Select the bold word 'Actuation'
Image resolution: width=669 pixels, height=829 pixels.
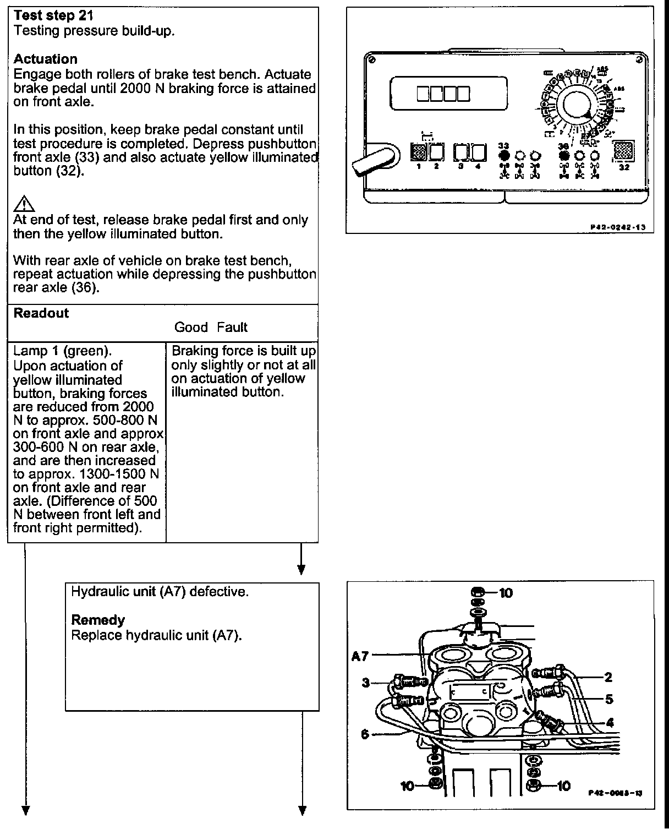(45, 59)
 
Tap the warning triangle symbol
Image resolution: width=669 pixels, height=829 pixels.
(24, 205)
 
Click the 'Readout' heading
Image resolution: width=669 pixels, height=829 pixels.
(41, 313)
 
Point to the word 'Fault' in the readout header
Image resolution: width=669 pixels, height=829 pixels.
(232, 327)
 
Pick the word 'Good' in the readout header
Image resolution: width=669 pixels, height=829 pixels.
(191, 327)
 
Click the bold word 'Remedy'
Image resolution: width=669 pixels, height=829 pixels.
(98, 620)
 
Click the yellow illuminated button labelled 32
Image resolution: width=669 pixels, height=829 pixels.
(623, 150)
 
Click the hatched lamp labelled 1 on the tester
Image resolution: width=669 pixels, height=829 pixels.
(419, 151)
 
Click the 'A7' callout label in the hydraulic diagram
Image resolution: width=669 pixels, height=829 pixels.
(360, 656)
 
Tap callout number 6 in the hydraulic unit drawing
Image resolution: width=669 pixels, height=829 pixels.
(365, 734)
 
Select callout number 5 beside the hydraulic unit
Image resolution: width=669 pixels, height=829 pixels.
(609, 699)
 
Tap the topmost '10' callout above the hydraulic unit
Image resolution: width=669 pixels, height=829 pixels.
(506, 592)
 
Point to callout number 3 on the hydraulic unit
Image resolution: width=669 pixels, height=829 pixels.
(366, 683)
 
